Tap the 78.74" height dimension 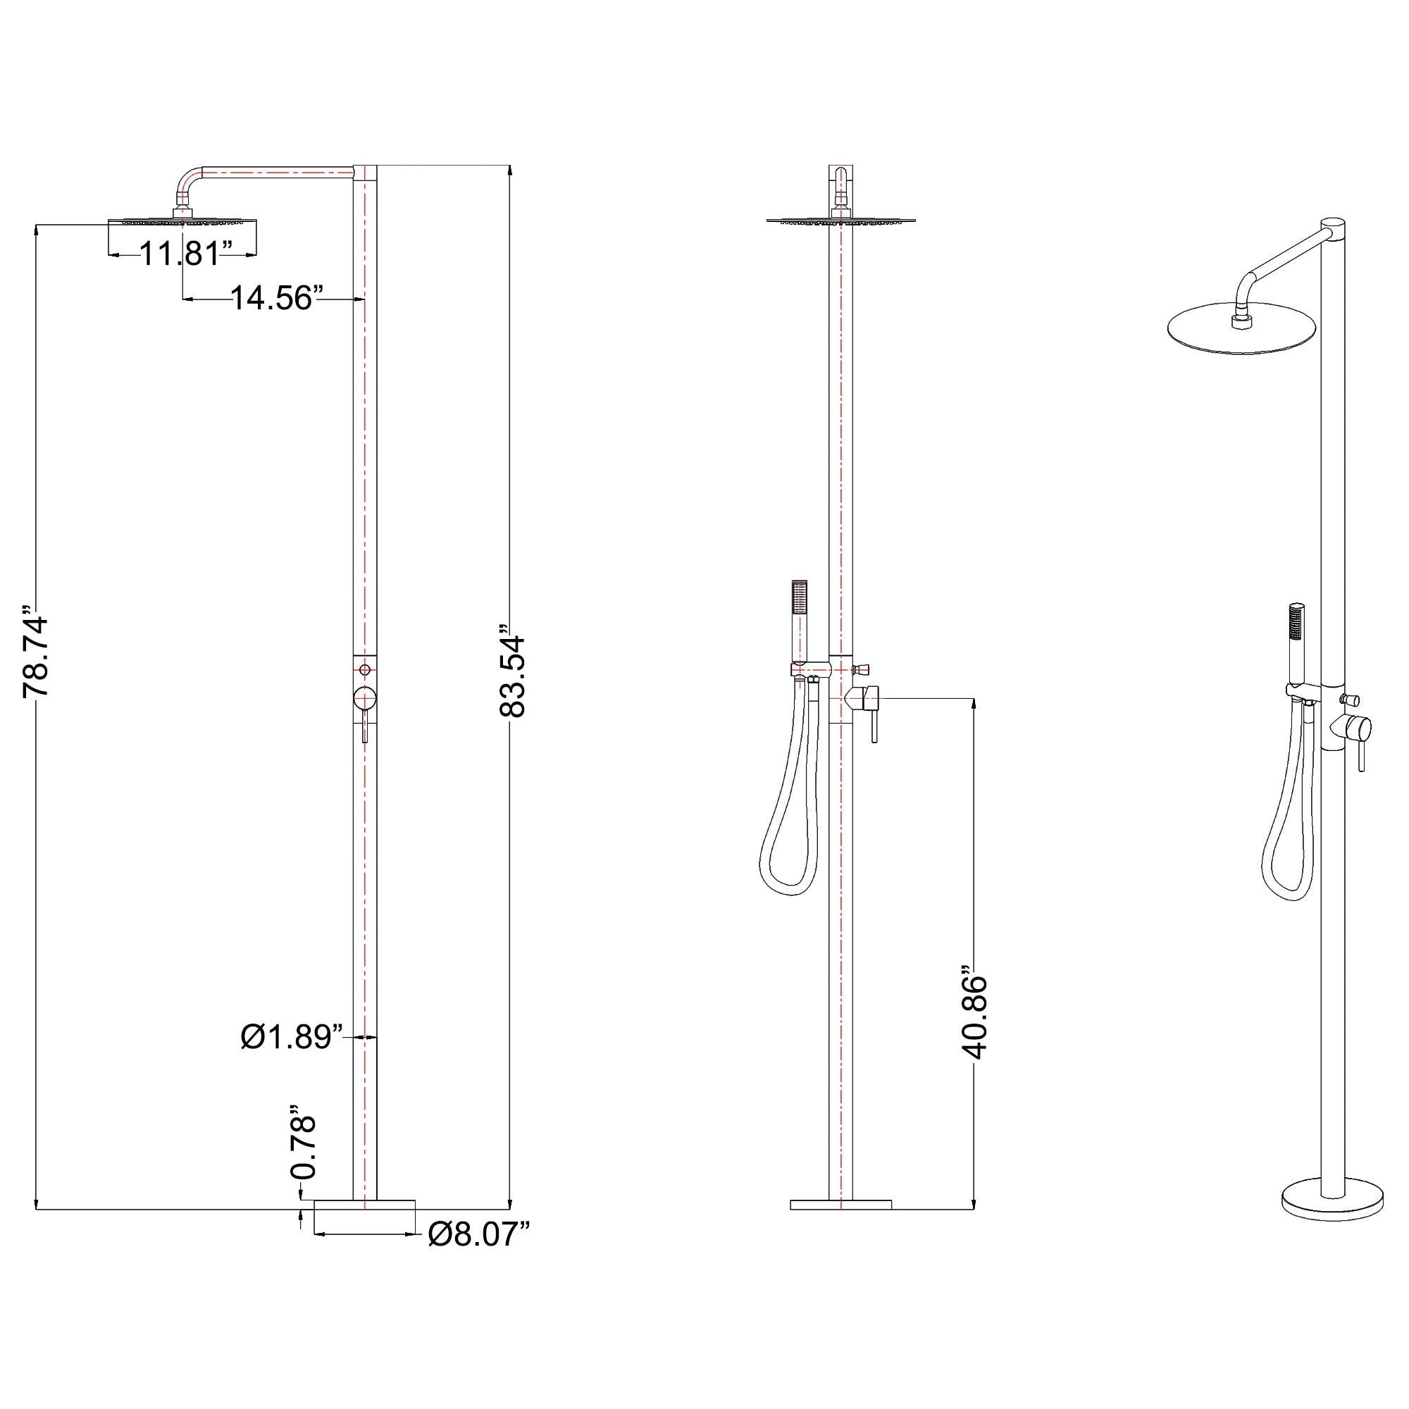(x=36, y=650)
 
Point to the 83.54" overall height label (x=512, y=671)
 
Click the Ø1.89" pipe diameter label (x=292, y=1036)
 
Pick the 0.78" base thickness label (x=304, y=1147)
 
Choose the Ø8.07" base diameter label (x=478, y=1234)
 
